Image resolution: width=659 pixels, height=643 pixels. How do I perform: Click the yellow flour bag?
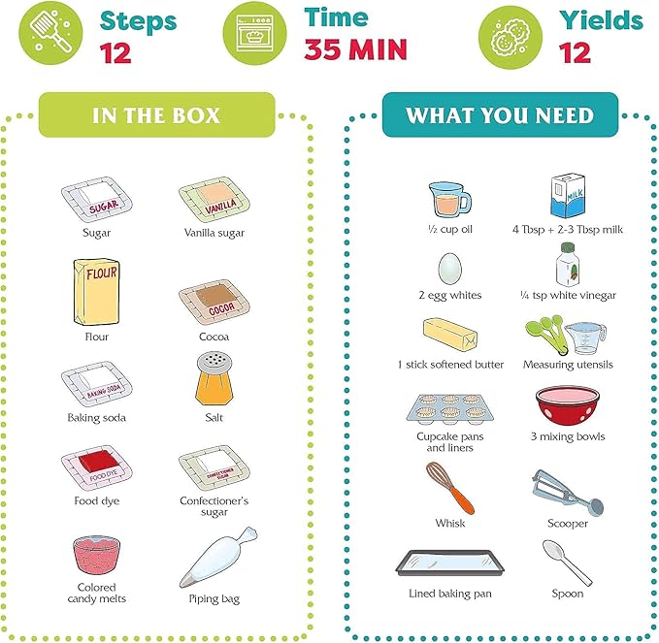96,292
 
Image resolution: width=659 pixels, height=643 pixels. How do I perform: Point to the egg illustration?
450,266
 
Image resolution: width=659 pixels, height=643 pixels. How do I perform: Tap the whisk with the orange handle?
450,487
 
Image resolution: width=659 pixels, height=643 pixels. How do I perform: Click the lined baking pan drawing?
450,563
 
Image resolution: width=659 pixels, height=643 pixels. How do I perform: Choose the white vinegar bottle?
569,265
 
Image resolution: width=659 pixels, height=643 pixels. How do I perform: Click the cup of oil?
449,199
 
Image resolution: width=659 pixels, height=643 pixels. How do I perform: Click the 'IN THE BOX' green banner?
156,115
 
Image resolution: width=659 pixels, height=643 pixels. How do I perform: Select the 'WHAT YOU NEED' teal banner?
499,115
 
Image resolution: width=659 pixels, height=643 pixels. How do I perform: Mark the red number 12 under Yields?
577,51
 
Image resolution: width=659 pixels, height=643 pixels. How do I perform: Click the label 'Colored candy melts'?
97,593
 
